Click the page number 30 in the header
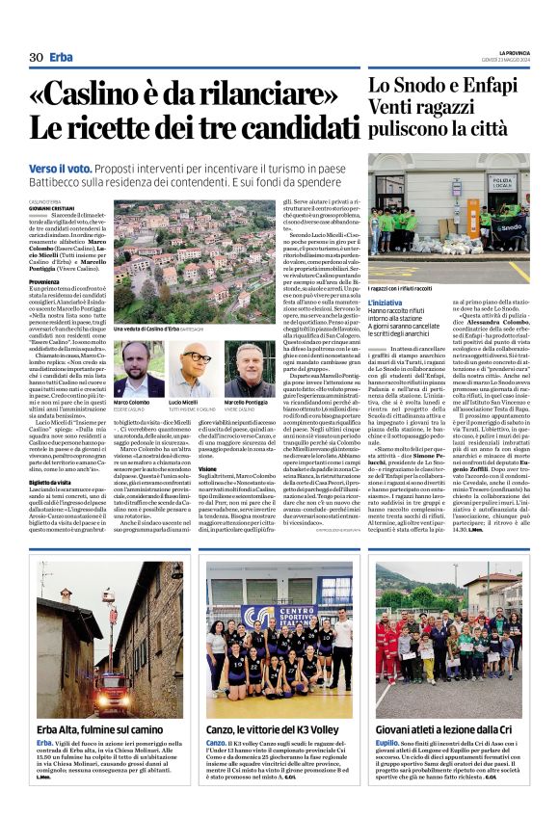(x=37, y=58)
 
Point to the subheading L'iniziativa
(x=386, y=303)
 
